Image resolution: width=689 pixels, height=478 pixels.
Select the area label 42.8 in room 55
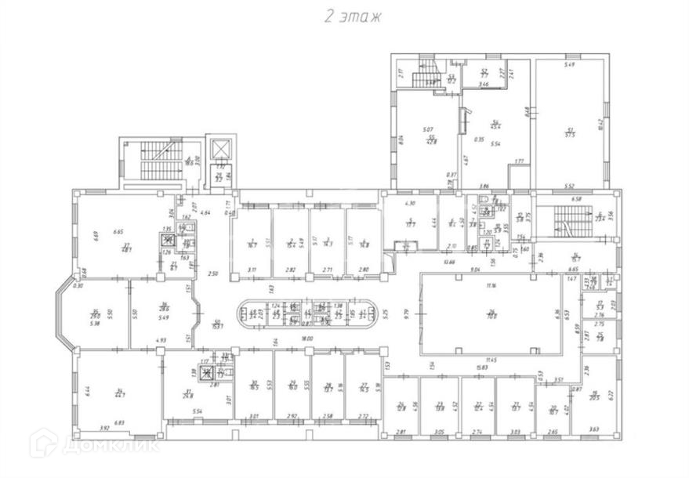(x=430, y=142)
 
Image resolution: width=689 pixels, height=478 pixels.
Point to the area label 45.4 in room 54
(x=495, y=127)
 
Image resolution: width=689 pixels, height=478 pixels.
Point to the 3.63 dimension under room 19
(x=593, y=429)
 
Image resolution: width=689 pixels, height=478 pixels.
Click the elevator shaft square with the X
(x=221, y=148)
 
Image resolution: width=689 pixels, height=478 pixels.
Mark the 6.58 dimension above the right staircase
(x=577, y=200)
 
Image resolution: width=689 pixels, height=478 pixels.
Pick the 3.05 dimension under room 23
(x=439, y=431)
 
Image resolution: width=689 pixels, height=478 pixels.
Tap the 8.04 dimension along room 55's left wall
(x=400, y=141)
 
